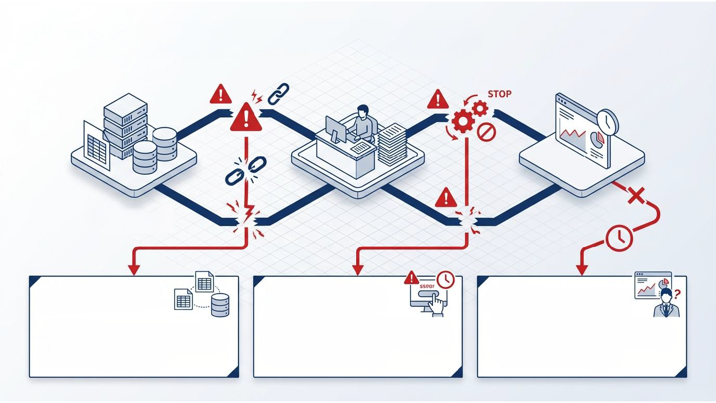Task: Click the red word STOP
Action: [499, 94]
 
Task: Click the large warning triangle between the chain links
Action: [245, 117]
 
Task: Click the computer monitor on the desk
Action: [335, 129]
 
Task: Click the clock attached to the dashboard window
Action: [607, 121]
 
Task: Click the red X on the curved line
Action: [635, 197]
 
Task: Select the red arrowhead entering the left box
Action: [134, 270]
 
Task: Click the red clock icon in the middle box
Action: [445, 280]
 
